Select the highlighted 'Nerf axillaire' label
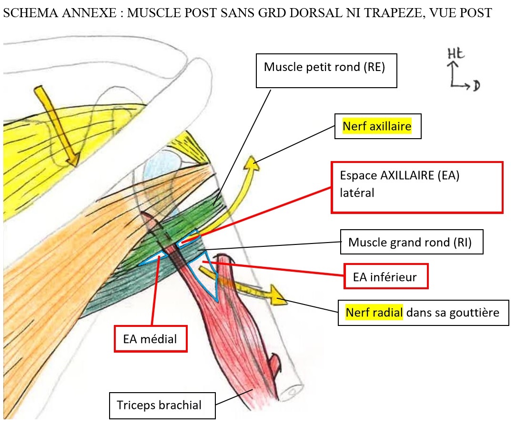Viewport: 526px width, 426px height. pyautogui.click(x=377, y=127)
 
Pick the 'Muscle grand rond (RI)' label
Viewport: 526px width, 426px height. pyautogui.click(x=412, y=242)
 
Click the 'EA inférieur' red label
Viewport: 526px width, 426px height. pyautogui.click(x=386, y=276)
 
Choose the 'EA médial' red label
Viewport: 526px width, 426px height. pyautogui.click(x=150, y=339)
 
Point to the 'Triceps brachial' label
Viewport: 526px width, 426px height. pyautogui.click(x=162, y=406)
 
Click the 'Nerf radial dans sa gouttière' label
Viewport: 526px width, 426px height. pyautogui.click(x=423, y=313)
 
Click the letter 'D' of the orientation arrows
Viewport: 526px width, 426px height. pyautogui.click(x=476, y=86)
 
